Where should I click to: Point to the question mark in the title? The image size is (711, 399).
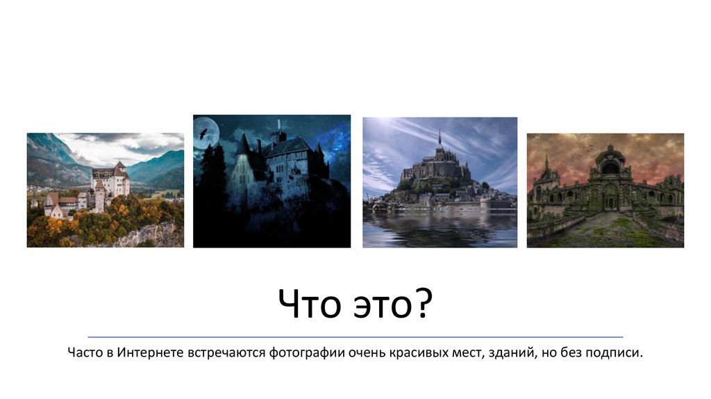(424, 305)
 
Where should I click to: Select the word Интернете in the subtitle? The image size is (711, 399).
(149, 353)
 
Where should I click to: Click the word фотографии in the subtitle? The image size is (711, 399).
(307, 353)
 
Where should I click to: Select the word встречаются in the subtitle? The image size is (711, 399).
(221, 353)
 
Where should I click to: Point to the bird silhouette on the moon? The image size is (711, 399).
(203, 133)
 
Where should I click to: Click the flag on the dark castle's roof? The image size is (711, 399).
(278, 124)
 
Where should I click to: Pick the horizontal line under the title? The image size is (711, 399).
(355, 336)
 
